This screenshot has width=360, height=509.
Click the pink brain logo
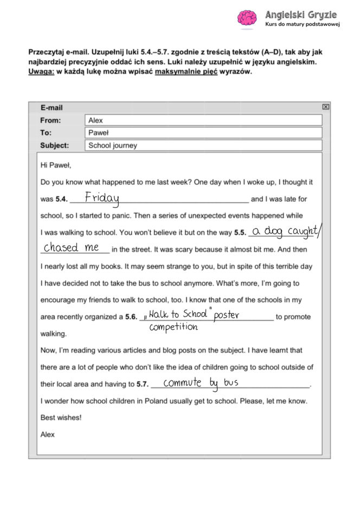pos(247,18)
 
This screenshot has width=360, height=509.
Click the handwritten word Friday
pos(102,198)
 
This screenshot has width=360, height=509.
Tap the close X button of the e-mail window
pos(325,107)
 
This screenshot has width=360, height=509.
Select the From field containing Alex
pos(203,120)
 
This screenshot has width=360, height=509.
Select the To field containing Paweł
pos(203,133)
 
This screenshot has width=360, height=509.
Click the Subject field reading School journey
pos(203,145)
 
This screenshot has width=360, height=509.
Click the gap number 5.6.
pos(132,317)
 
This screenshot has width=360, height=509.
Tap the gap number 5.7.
pos(143,384)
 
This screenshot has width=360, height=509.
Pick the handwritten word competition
pos(173,327)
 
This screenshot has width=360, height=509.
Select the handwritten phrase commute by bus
pos(201,383)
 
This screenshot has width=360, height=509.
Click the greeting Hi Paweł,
pos(56,165)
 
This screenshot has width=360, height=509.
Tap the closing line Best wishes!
pos(61,418)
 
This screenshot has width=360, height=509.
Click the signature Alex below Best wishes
pos(48,435)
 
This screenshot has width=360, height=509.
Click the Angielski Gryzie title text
pos(301,15)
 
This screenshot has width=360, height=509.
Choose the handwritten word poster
pos(227,315)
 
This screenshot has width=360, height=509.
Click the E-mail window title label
pos(52,108)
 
